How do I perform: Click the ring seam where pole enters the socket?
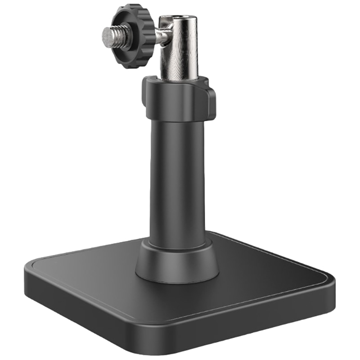[x=178, y=247]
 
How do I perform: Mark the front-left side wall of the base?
[x=90, y=310]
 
